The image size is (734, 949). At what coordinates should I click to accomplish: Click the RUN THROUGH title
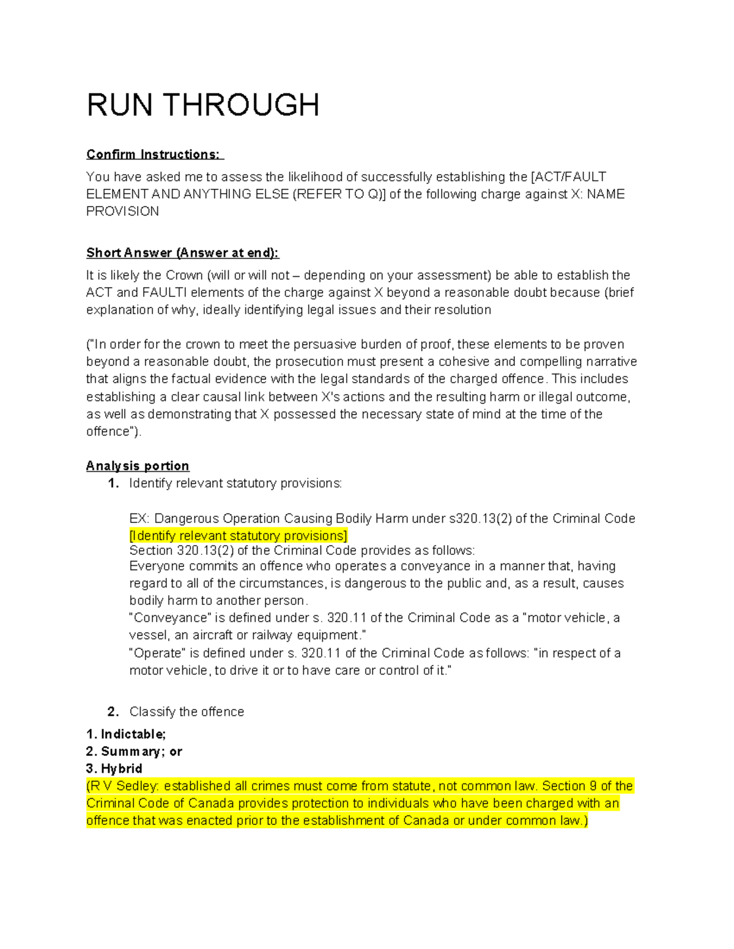click(202, 105)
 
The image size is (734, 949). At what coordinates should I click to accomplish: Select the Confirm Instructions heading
click(155, 154)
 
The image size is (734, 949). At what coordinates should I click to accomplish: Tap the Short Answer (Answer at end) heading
click(182, 252)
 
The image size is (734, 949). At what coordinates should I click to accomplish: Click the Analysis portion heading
click(138, 466)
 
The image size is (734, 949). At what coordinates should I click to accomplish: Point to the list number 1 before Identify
click(113, 483)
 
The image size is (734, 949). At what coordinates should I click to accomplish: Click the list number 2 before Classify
click(113, 711)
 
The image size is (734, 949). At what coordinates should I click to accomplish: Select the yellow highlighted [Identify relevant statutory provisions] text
click(238, 536)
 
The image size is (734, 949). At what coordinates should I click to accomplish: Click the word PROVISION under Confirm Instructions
click(122, 211)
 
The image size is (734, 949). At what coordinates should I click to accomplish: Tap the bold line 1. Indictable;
click(126, 734)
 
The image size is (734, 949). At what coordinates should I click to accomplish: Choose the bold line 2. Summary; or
click(134, 751)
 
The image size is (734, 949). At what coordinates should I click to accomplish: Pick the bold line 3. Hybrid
click(114, 768)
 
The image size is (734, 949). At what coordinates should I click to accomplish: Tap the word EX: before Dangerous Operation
click(139, 519)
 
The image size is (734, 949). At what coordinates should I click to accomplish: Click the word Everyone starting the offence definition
click(155, 566)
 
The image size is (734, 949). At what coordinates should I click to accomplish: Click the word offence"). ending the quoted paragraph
click(114, 431)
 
